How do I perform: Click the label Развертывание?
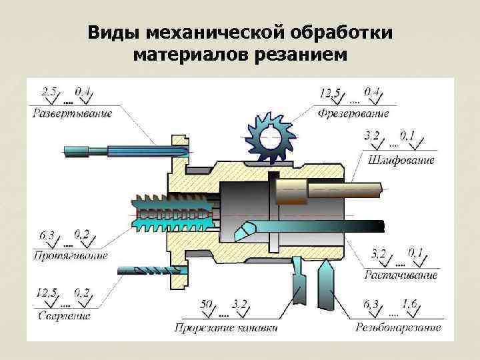tap(71, 113)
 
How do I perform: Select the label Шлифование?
tap(401, 160)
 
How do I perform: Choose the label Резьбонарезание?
tap(398, 327)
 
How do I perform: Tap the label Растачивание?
tap(401, 275)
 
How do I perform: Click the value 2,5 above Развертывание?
tap(49, 90)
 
